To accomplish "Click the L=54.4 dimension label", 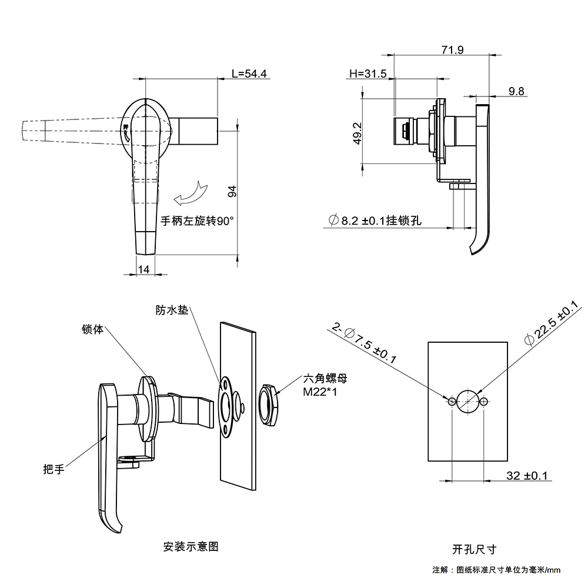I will click(249, 74).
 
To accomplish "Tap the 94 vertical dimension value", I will click(232, 191).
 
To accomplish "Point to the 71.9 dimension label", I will click(452, 50).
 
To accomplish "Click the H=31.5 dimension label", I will click(367, 74).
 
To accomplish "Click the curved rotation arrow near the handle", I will click(189, 193).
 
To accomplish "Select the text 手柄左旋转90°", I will click(197, 222).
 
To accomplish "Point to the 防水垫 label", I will click(172, 309).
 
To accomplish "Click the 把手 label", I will click(53, 469).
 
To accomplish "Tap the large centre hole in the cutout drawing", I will click(467, 402).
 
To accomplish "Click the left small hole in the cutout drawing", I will click(451, 402).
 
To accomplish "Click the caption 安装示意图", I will click(191, 546).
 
